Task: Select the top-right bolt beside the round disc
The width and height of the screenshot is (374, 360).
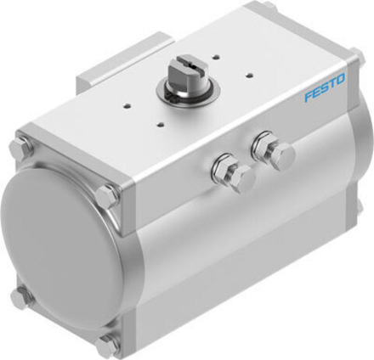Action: [x=107, y=195]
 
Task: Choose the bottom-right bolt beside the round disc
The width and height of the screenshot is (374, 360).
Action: [x=108, y=344]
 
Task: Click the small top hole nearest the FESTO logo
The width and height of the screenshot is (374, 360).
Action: [x=248, y=73]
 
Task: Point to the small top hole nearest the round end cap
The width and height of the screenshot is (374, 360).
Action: [x=127, y=107]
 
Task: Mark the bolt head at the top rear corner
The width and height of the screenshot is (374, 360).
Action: [x=268, y=8]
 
